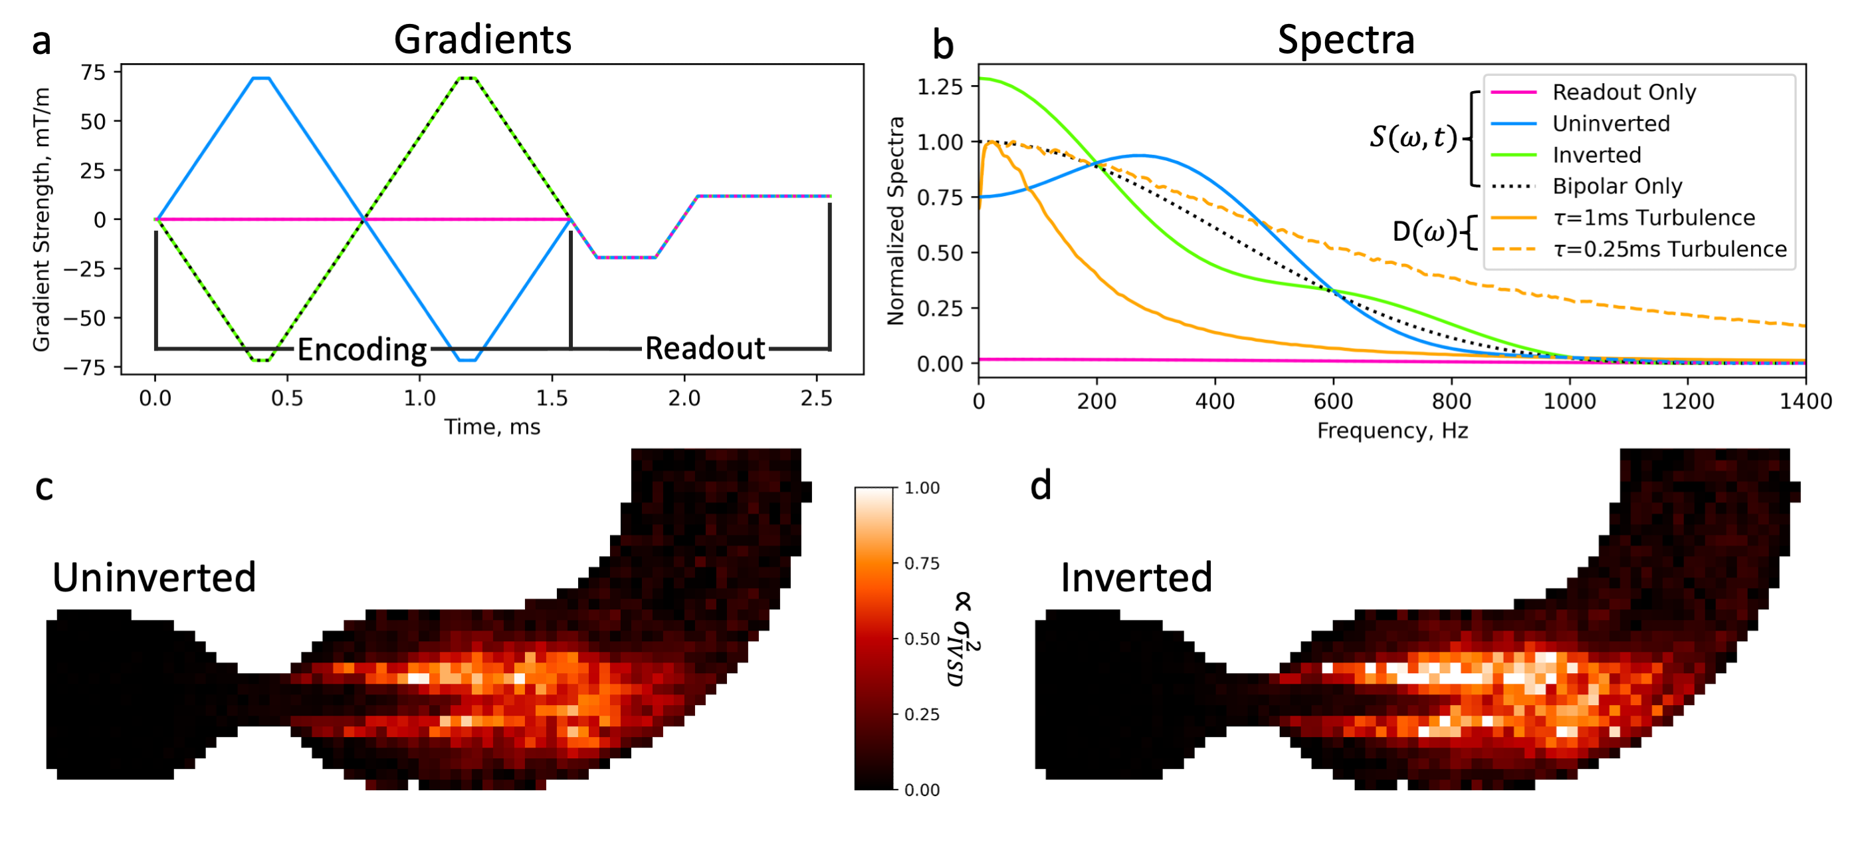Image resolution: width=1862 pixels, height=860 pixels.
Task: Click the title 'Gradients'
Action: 482,39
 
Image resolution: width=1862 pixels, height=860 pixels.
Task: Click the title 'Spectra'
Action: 1345,39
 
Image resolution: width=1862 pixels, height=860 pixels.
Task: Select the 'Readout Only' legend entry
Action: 1623,92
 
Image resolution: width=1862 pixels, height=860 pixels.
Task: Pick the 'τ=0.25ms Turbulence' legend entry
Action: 1669,249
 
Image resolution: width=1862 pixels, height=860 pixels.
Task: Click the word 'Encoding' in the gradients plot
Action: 362,349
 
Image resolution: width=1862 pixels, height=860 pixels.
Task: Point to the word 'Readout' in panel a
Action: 705,348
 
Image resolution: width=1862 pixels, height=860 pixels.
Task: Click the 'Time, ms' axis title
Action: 492,427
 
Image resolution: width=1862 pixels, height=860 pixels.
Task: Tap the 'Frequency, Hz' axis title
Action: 1392,431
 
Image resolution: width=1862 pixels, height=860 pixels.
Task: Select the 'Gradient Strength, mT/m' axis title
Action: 41,219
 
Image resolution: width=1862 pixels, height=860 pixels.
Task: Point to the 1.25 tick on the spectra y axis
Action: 940,86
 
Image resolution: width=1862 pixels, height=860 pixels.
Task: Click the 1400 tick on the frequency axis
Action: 1805,402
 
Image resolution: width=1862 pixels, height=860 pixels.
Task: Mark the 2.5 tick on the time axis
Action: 816,398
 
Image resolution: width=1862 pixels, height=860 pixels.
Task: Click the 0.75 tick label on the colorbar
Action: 922,563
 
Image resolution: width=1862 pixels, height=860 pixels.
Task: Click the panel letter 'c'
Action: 44,488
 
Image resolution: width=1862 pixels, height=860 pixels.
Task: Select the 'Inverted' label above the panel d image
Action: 1136,577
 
